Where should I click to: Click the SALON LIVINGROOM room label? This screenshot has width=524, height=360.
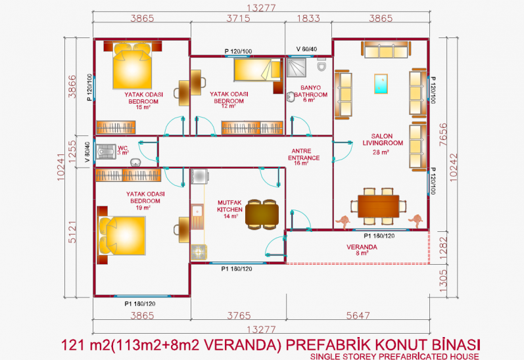tap(382, 144)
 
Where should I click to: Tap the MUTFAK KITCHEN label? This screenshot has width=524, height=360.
tap(229, 210)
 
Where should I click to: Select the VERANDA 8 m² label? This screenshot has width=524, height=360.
tap(362, 250)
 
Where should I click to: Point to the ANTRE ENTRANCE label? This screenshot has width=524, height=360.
tap(304, 157)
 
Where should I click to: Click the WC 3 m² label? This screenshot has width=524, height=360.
tap(123, 150)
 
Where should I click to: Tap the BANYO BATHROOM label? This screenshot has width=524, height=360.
tap(310, 93)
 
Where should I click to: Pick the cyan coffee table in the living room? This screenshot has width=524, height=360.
tap(381, 84)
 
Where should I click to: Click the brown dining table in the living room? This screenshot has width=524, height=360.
tap(378, 206)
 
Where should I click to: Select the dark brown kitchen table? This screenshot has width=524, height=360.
tap(262, 214)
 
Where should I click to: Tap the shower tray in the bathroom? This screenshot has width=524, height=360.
tap(297, 68)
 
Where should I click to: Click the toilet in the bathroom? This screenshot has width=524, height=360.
tap(322, 65)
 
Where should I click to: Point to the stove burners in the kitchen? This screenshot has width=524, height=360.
tap(199, 252)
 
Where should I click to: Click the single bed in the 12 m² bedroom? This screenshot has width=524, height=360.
tap(258, 70)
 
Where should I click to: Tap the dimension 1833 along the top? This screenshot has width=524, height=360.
tap(308, 18)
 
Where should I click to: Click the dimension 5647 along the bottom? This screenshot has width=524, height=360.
tap(358, 315)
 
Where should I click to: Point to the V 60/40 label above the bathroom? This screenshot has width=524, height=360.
tap(306, 49)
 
